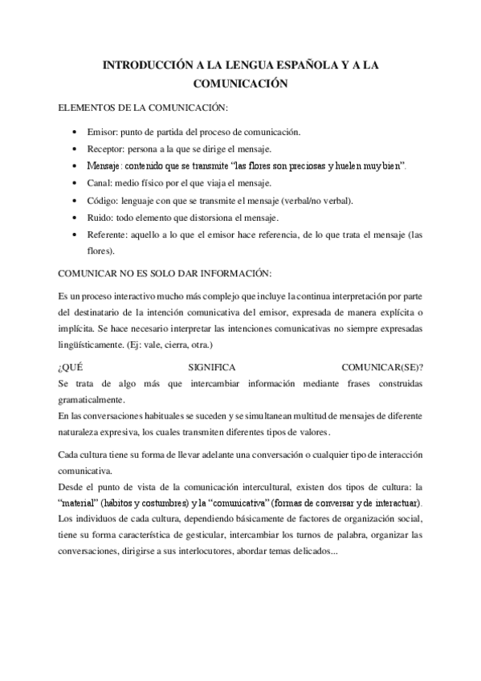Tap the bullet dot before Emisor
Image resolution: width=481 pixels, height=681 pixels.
tap(75, 131)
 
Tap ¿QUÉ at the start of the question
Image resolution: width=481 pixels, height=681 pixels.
tap(71, 366)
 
